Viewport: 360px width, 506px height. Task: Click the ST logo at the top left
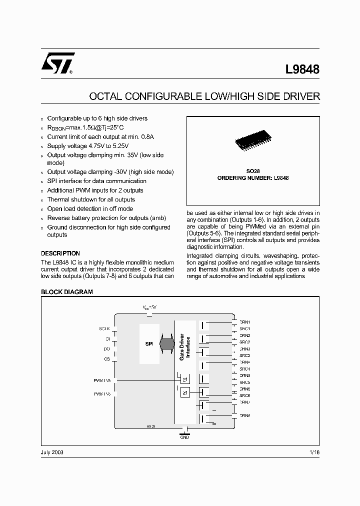57,63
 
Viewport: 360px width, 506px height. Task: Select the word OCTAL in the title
106,96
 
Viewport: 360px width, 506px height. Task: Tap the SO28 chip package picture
253,140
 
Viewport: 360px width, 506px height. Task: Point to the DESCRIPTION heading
60,253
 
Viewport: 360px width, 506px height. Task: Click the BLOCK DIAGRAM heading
66,292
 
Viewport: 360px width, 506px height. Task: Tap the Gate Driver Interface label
184,347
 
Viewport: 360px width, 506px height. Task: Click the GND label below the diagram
184,437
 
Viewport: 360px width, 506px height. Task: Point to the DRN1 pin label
245,322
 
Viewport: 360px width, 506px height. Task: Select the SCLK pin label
104,328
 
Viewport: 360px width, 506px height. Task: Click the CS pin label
106,359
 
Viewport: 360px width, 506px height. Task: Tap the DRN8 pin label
245,415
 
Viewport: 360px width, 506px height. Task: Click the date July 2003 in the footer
52,452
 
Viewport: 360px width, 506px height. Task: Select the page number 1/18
314,452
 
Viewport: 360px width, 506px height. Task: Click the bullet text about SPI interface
96,181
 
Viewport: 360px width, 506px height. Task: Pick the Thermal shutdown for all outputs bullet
91,199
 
